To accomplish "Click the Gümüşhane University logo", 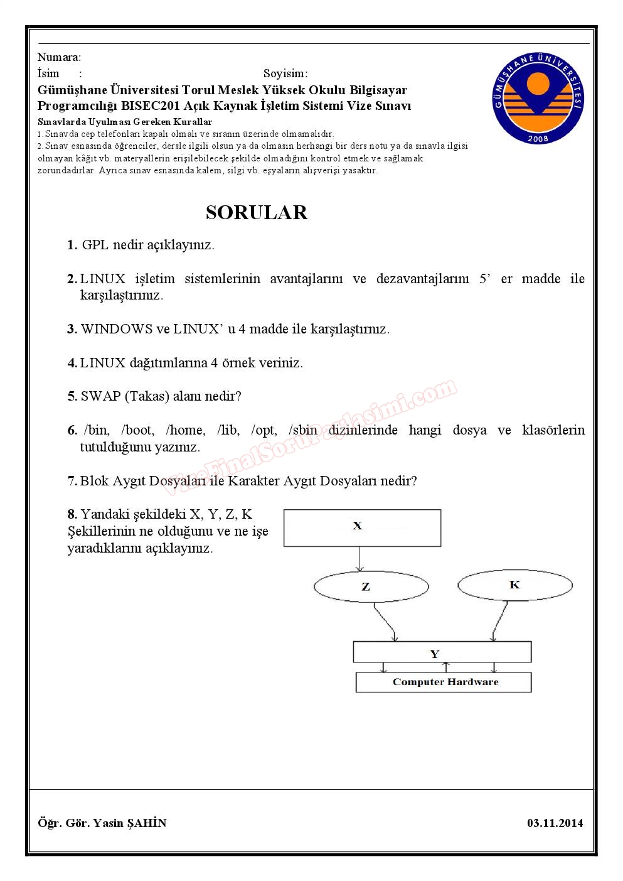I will point(538,99).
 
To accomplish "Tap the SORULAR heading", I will point(257,212).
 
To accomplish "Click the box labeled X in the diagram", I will point(362,527).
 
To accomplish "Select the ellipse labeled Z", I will point(371,587).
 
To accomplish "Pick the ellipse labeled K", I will point(514,585).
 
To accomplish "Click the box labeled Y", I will point(442,652).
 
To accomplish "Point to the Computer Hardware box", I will point(444,682).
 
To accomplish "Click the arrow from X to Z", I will point(359,559).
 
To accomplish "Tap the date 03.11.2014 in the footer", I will point(555,823).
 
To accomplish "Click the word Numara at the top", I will point(58,57).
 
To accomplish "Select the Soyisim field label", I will point(284,73).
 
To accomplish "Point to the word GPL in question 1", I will point(95,245).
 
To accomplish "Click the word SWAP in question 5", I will point(100,396).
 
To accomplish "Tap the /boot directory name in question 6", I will point(137,430).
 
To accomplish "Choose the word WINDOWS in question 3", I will point(117,329).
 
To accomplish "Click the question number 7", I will point(72,481).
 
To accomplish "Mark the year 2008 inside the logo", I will point(538,139).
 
